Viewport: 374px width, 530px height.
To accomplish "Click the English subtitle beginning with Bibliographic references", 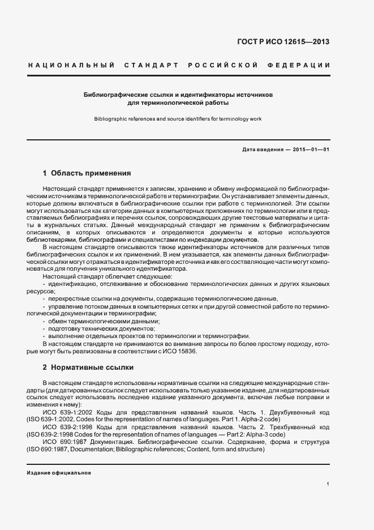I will click(x=178, y=119).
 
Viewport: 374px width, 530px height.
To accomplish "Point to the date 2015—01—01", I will click(x=311, y=149).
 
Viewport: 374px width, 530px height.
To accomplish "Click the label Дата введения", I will click(x=262, y=149).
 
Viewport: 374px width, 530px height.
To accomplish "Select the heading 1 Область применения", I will click(x=87, y=173).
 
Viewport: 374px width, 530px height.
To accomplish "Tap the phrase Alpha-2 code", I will click(x=245, y=419).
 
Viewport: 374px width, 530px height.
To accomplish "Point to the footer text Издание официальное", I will click(x=59, y=472).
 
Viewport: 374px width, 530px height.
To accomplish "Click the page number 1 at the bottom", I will click(x=328, y=484).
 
